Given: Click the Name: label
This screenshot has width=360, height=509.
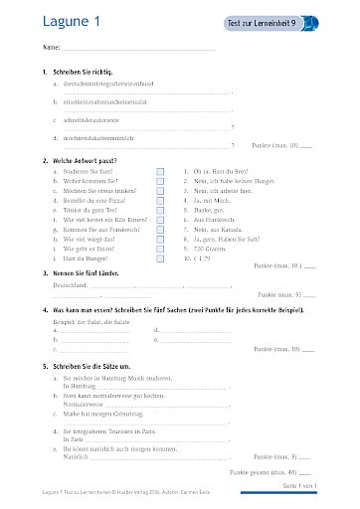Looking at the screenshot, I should [52, 48].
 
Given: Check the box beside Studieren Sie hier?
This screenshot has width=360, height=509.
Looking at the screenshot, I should [159, 171].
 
